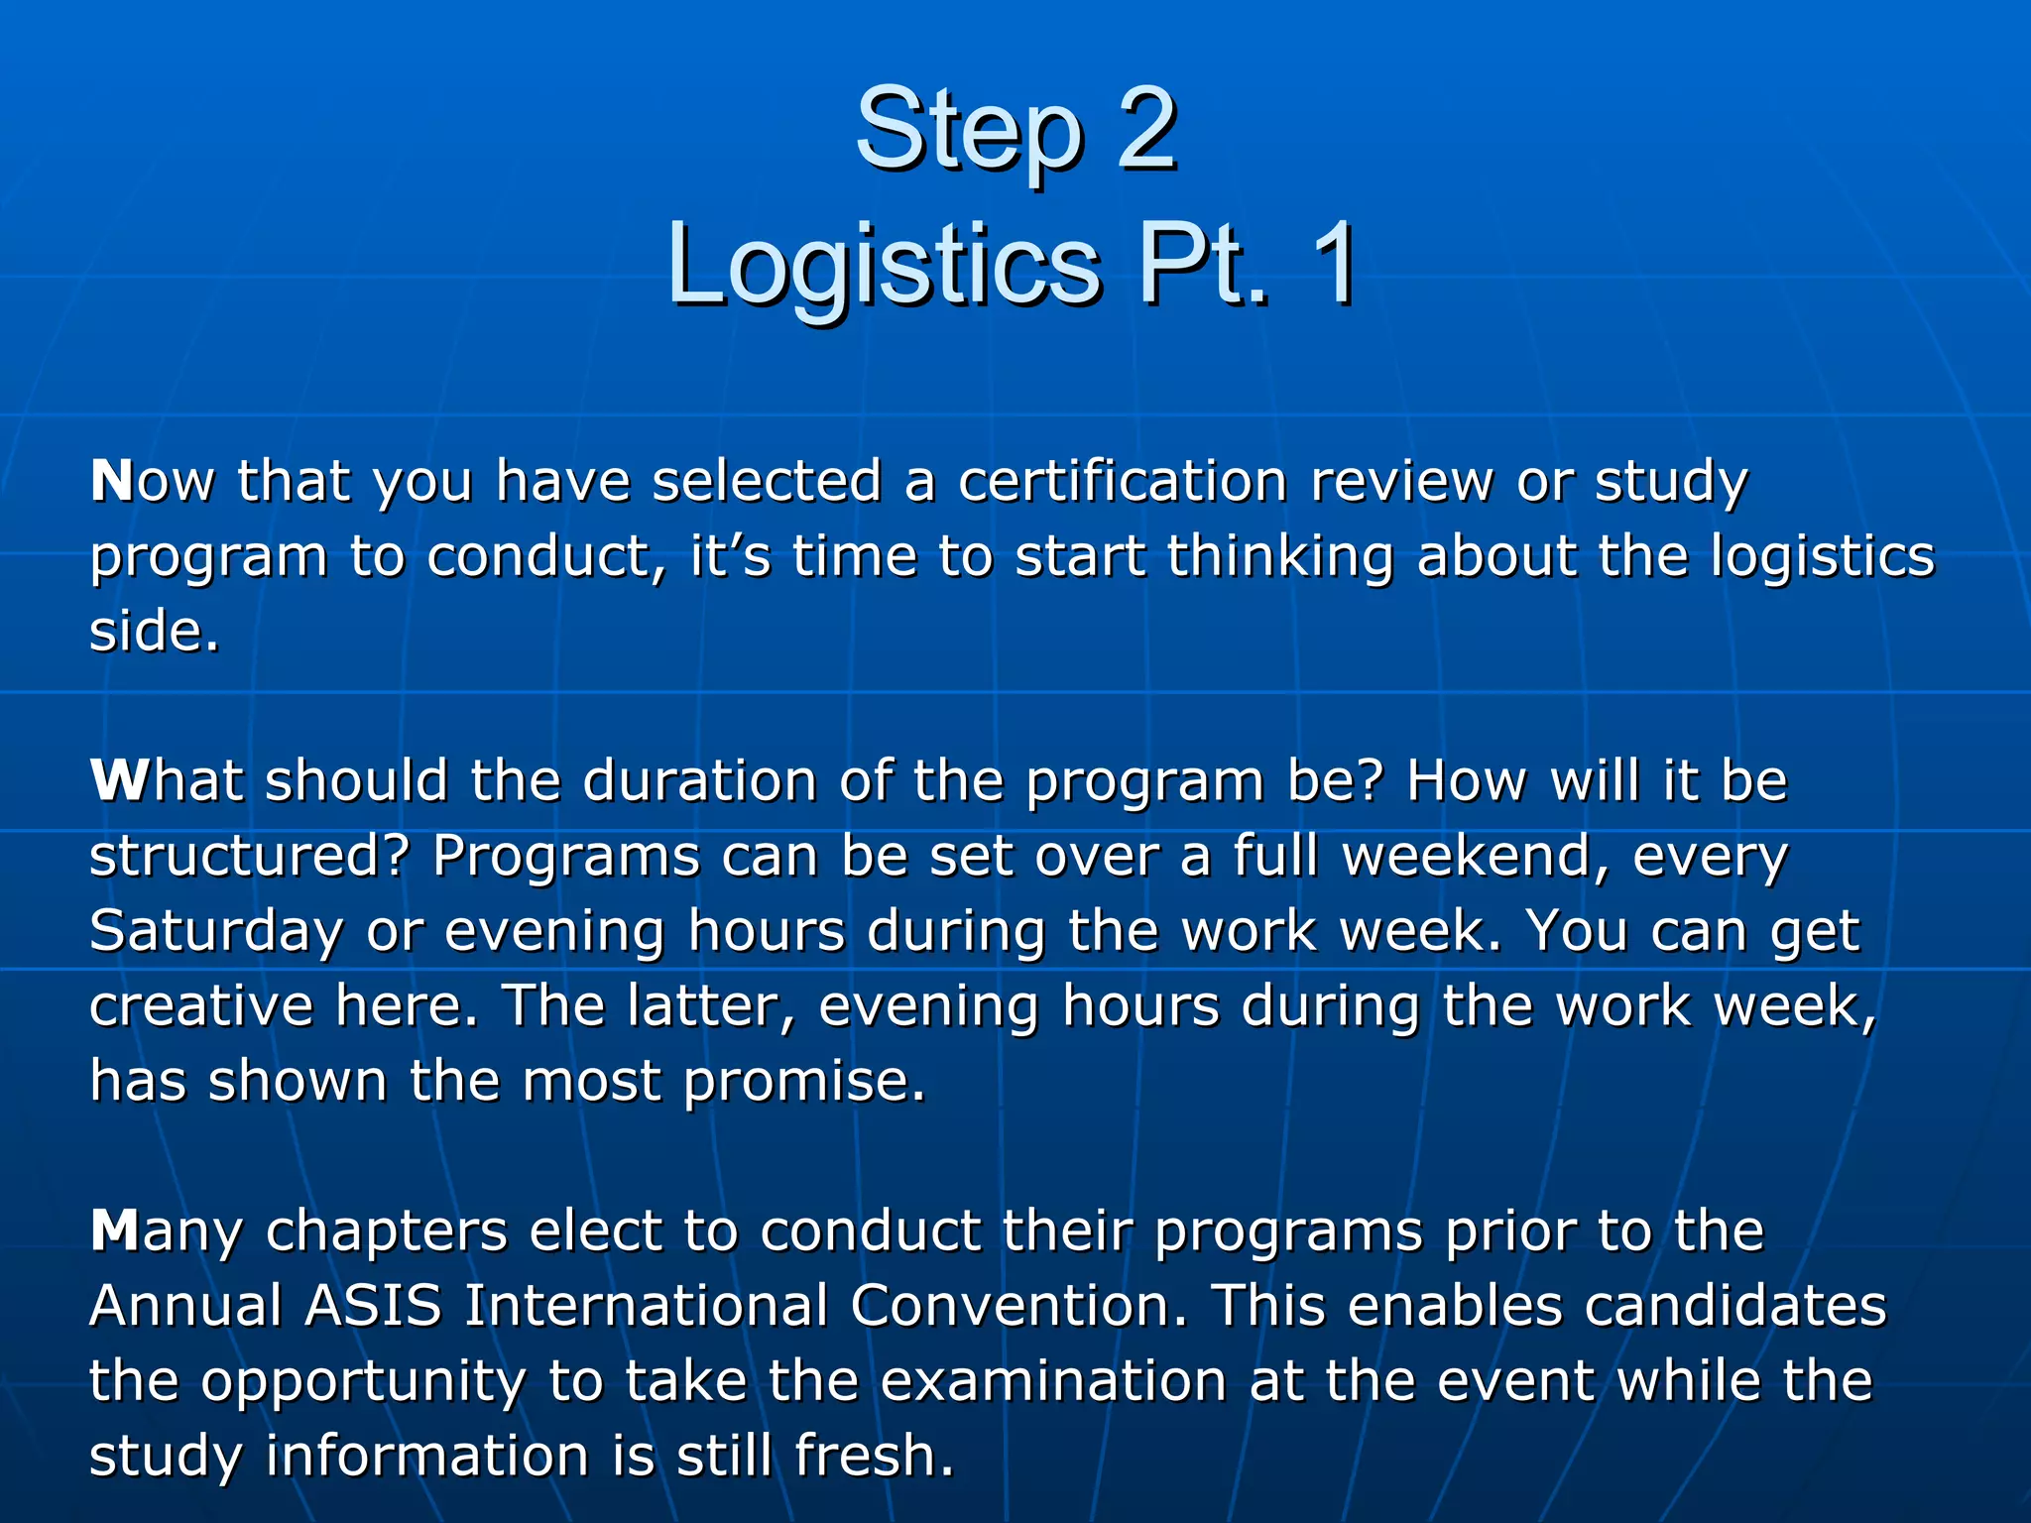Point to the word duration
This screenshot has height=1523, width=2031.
pos(700,780)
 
